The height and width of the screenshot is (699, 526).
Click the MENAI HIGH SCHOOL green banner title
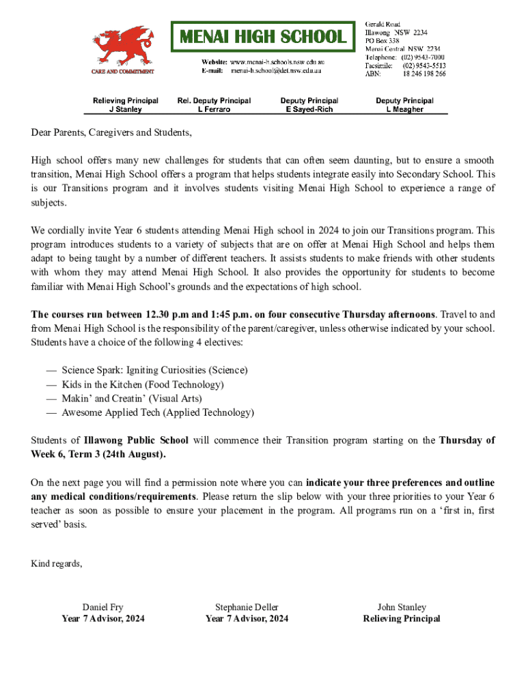(263, 36)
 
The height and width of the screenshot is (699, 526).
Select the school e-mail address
(276, 70)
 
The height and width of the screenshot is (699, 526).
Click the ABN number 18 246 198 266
(424, 74)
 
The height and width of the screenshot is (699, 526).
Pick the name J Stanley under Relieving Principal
(126, 109)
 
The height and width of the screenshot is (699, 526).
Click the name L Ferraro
(214, 109)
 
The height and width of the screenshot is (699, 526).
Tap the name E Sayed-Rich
(309, 109)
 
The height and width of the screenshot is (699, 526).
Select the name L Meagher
(404, 109)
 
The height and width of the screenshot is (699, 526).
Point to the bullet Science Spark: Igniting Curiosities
(154, 370)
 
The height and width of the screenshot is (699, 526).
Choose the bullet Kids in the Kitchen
(142, 384)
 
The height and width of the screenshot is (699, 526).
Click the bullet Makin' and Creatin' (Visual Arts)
(141, 398)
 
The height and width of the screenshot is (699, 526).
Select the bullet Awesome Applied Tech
(157, 412)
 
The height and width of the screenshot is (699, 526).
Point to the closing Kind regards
(57, 563)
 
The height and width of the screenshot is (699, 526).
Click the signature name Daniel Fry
(103, 607)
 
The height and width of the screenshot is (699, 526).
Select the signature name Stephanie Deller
(247, 607)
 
